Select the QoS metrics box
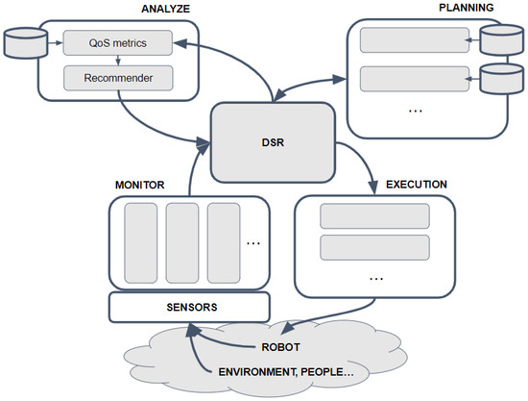[117, 42]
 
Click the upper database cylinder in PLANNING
[501, 41]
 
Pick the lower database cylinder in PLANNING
[501, 76]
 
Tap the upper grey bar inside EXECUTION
[373, 216]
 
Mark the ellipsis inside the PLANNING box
[416, 111]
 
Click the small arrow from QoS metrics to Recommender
[117, 59]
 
